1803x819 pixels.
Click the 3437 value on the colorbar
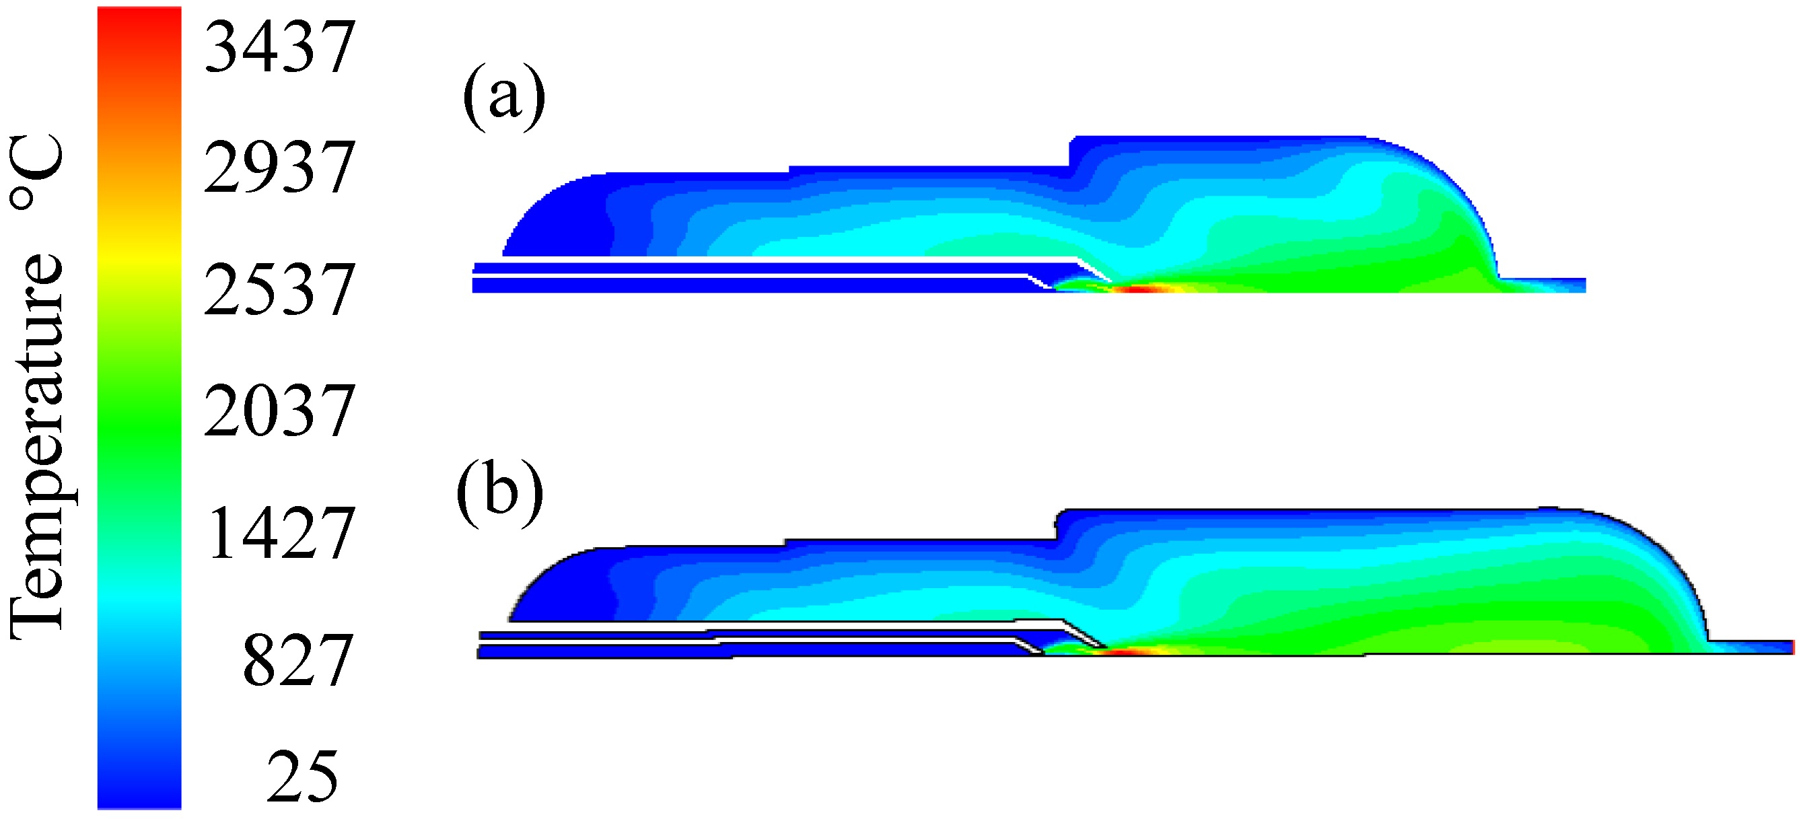pos(280,47)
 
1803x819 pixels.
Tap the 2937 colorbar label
pos(280,167)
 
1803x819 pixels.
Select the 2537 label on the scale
pos(280,289)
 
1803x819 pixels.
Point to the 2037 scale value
pos(280,411)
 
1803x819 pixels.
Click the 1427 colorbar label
pos(281,533)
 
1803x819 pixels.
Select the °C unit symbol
pos(37,172)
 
